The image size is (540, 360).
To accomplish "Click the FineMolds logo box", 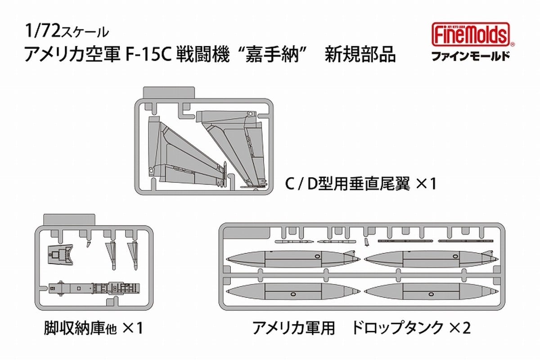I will coord(472,35).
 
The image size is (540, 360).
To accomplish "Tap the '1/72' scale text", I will coord(41,32).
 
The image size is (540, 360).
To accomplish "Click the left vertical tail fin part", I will coord(180,153).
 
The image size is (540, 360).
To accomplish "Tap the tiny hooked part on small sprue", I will coord(87,244).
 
